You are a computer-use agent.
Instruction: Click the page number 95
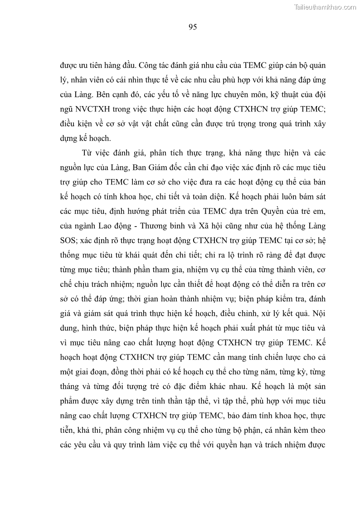(192, 27)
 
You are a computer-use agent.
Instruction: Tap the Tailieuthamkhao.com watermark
(326, 7)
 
